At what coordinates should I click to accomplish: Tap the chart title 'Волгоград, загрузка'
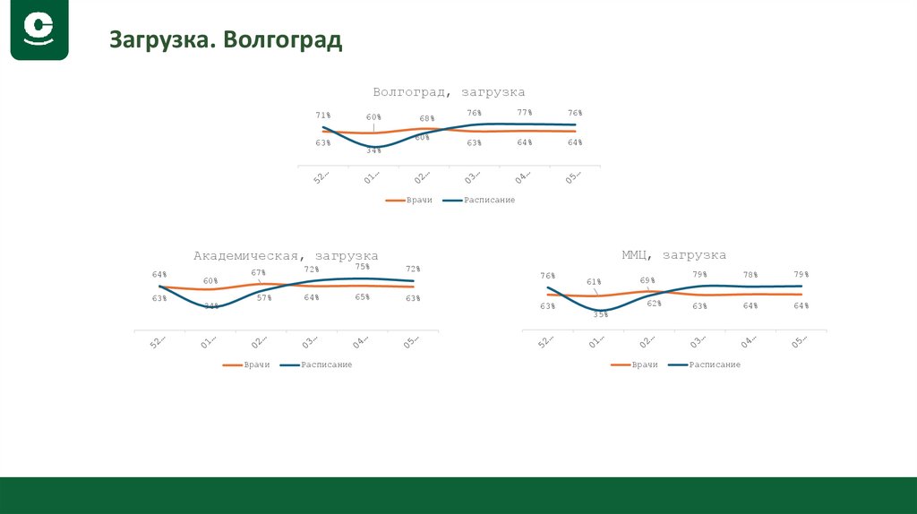pos(449,92)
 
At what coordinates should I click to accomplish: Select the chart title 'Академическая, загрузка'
pos(286,256)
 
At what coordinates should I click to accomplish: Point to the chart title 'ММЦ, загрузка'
pos(673,255)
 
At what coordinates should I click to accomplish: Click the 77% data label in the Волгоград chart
pos(525,113)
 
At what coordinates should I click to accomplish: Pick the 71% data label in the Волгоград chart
pos(323,116)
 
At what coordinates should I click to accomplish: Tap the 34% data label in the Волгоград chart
pos(373,150)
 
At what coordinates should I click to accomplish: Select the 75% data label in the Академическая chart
pos(363,267)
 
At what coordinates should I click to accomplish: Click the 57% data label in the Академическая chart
pos(264,297)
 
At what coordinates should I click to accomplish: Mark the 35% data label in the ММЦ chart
pos(600,314)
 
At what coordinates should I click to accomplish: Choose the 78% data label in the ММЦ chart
pos(750,275)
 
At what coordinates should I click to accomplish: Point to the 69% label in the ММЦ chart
pos(647,280)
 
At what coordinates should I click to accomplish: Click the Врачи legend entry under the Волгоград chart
pos(410,200)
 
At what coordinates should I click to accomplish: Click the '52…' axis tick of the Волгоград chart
pos(321,178)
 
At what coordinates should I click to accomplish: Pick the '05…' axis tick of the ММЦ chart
pos(801,342)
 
